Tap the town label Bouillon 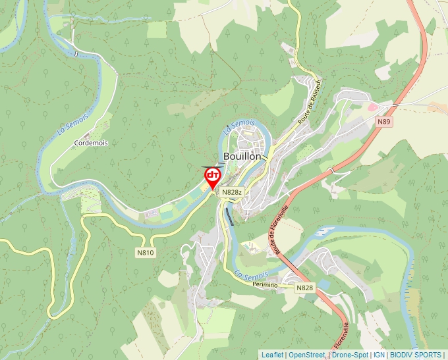coord(242,156)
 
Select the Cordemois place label coord(91,142)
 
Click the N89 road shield coord(384,122)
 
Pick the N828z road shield coord(233,192)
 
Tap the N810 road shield coord(146,252)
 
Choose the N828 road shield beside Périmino coord(305,288)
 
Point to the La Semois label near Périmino coord(252,275)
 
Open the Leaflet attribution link coord(272,355)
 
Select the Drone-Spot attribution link coord(350,355)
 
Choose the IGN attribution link coord(379,355)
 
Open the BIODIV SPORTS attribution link coord(416,355)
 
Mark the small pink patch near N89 coord(372,106)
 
